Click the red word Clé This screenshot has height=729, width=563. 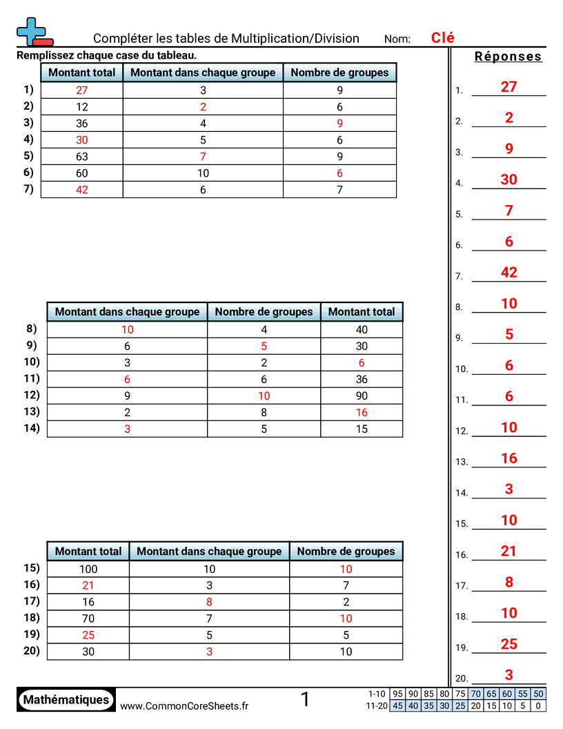click(442, 38)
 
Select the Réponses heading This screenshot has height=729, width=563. click(508, 57)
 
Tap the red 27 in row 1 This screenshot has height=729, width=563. click(82, 90)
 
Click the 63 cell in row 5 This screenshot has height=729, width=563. click(82, 156)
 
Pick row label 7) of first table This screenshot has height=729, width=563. click(28, 188)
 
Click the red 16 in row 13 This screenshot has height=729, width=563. click(362, 412)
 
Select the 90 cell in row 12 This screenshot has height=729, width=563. click(362, 396)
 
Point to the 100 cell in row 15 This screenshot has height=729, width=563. click(88, 569)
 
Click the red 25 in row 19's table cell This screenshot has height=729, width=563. click(88, 635)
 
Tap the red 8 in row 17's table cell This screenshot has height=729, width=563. click(209, 602)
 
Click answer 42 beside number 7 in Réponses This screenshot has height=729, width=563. click(508, 273)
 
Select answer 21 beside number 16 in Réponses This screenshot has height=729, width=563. click(508, 551)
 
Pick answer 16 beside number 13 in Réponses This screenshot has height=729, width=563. click(508, 458)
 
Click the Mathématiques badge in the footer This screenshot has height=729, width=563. click(66, 699)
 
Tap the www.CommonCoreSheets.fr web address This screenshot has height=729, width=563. click(184, 706)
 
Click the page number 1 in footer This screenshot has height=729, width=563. click(305, 700)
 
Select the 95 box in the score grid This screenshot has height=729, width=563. click(397, 694)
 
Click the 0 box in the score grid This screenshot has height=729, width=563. click(539, 706)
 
